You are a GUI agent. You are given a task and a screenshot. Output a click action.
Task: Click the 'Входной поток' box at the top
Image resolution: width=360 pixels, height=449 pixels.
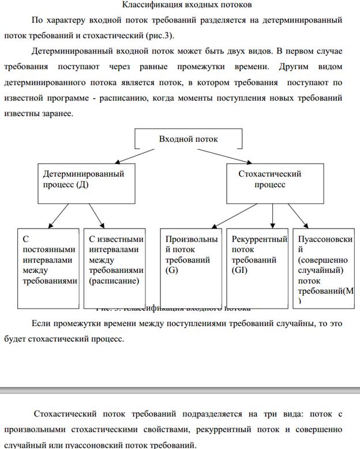[188, 139]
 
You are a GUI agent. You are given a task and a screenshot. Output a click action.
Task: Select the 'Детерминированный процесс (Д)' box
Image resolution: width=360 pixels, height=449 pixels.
[87, 182]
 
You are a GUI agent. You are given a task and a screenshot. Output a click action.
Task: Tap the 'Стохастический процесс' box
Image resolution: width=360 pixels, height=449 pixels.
[269, 182]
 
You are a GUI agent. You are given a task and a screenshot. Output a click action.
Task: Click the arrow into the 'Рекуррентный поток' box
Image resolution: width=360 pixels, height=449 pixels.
[272, 216]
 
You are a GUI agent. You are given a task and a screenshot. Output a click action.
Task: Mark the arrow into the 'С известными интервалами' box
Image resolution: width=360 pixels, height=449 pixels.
[96, 216]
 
